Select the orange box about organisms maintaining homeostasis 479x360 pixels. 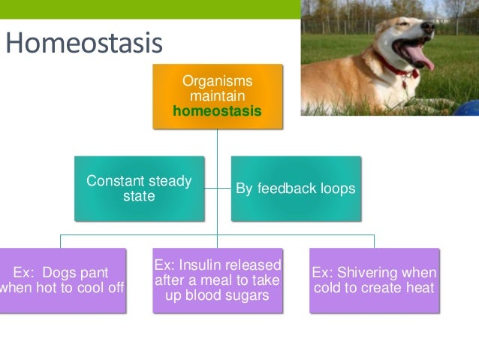(x=217, y=96)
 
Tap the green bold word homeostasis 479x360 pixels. (x=217, y=111)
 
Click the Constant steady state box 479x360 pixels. (x=139, y=189)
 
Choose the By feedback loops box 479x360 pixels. (x=295, y=189)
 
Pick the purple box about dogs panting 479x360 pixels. (x=62, y=280)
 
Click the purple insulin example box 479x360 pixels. (x=217, y=280)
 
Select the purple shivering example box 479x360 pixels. (x=374, y=280)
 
